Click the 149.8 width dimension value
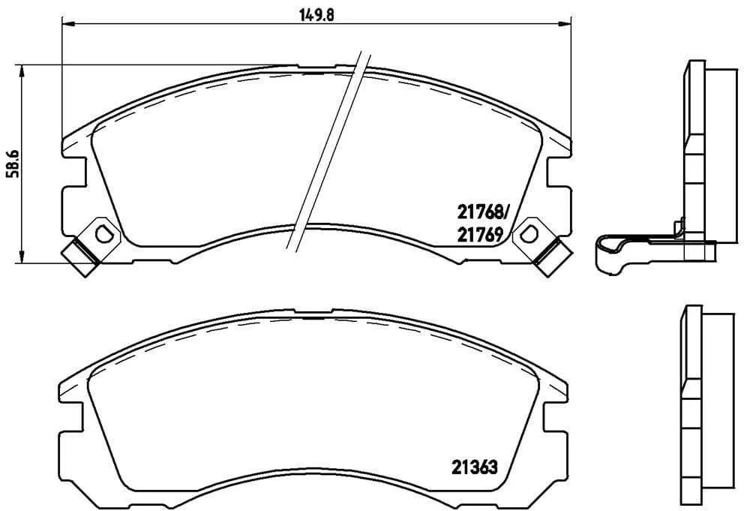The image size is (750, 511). [316, 15]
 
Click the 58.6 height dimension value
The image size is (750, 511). [13, 163]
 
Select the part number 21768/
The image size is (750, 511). [484, 212]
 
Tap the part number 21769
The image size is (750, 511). [480, 235]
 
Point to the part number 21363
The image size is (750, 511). [475, 467]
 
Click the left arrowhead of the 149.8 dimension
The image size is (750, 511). [67, 23]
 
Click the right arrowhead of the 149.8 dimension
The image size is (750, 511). [565, 23]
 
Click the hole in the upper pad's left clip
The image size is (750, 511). [103, 234]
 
